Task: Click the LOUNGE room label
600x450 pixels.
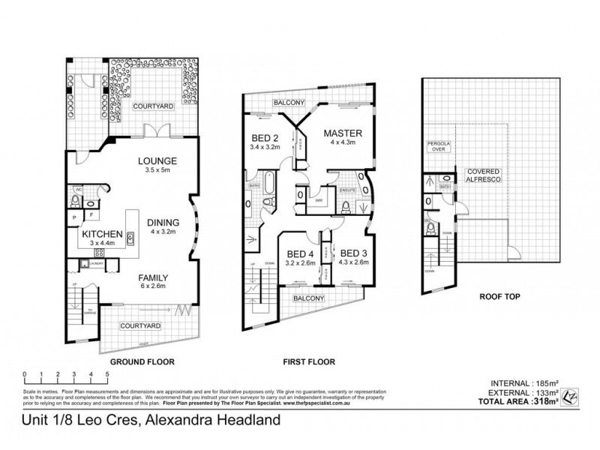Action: (x=157, y=160)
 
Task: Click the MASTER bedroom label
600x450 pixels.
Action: (x=338, y=133)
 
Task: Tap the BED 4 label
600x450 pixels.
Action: (x=300, y=253)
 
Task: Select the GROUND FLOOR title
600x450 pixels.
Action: (x=142, y=361)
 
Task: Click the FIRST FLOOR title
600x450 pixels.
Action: (x=309, y=361)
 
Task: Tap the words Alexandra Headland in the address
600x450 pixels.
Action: (x=211, y=421)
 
